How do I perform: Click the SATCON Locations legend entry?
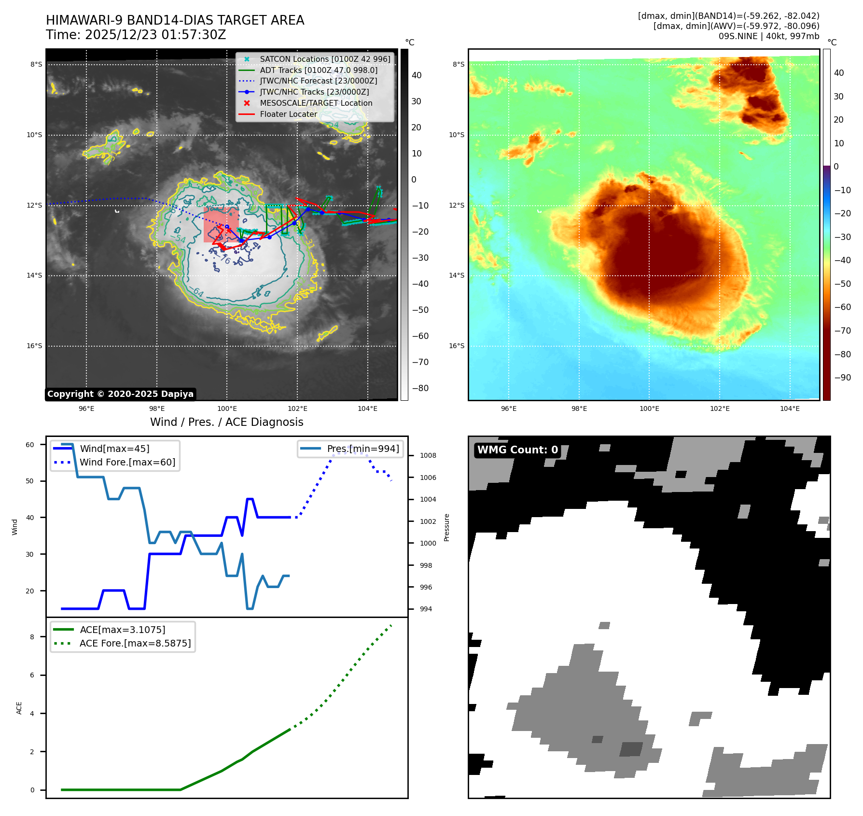click(x=325, y=59)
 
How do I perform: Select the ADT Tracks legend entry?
click(x=319, y=70)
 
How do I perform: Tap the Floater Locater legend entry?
click(x=288, y=114)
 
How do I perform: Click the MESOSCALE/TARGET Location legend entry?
click(x=316, y=103)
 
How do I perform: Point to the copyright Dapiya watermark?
click(x=120, y=394)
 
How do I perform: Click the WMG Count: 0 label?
click(x=517, y=450)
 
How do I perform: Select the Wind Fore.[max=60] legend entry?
click(x=127, y=463)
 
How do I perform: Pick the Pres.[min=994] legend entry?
click(x=363, y=449)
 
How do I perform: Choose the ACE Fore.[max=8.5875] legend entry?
click(x=135, y=644)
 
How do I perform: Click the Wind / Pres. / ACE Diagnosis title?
click(x=227, y=422)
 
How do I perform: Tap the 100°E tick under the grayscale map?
click(x=227, y=409)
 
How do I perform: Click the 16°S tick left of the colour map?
click(x=457, y=346)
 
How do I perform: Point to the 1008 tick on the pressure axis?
click(x=428, y=456)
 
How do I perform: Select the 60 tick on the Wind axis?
click(x=30, y=445)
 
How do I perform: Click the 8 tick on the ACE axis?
click(x=32, y=637)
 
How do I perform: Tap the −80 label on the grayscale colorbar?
click(x=420, y=388)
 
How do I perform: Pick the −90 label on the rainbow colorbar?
click(x=842, y=378)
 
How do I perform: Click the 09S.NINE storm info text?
click(x=768, y=36)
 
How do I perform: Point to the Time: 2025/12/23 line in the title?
click(x=136, y=35)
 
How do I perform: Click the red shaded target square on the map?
click(x=221, y=225)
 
